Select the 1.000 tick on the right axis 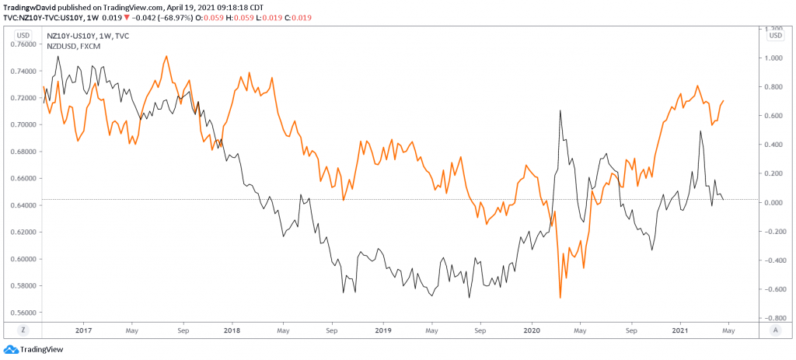coord(774,58)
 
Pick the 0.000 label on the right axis coord(774,203)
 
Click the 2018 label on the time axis coord(232,330)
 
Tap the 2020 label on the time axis coord(532,330)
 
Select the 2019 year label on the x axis coord(382,330)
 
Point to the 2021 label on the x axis coord(680,330)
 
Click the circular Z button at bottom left coord(23,330)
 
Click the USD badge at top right coord(774,35)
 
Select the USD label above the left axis coord(24,35)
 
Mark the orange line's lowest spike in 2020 coord(560,298)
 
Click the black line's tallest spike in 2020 coord(560,110)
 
